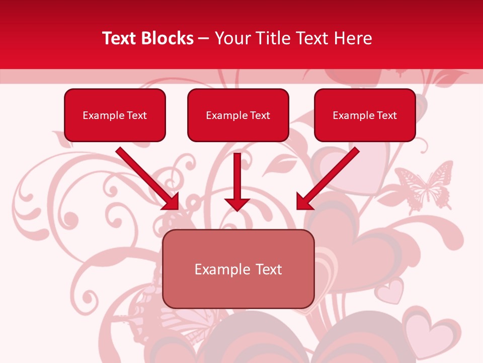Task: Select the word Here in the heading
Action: tap(354, 38)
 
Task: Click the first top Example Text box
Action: tap(115, 115)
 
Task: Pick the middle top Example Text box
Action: tap(238, 115)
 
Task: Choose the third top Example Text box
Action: tap(365, 115)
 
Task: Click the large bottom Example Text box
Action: tap(238, 269)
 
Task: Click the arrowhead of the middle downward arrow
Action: tap(237, 204)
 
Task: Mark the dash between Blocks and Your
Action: tap(204, 39)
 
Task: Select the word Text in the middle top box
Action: tap(260, 115)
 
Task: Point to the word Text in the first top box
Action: tap(136, 115)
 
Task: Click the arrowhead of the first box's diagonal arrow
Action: tap(171, 202)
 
